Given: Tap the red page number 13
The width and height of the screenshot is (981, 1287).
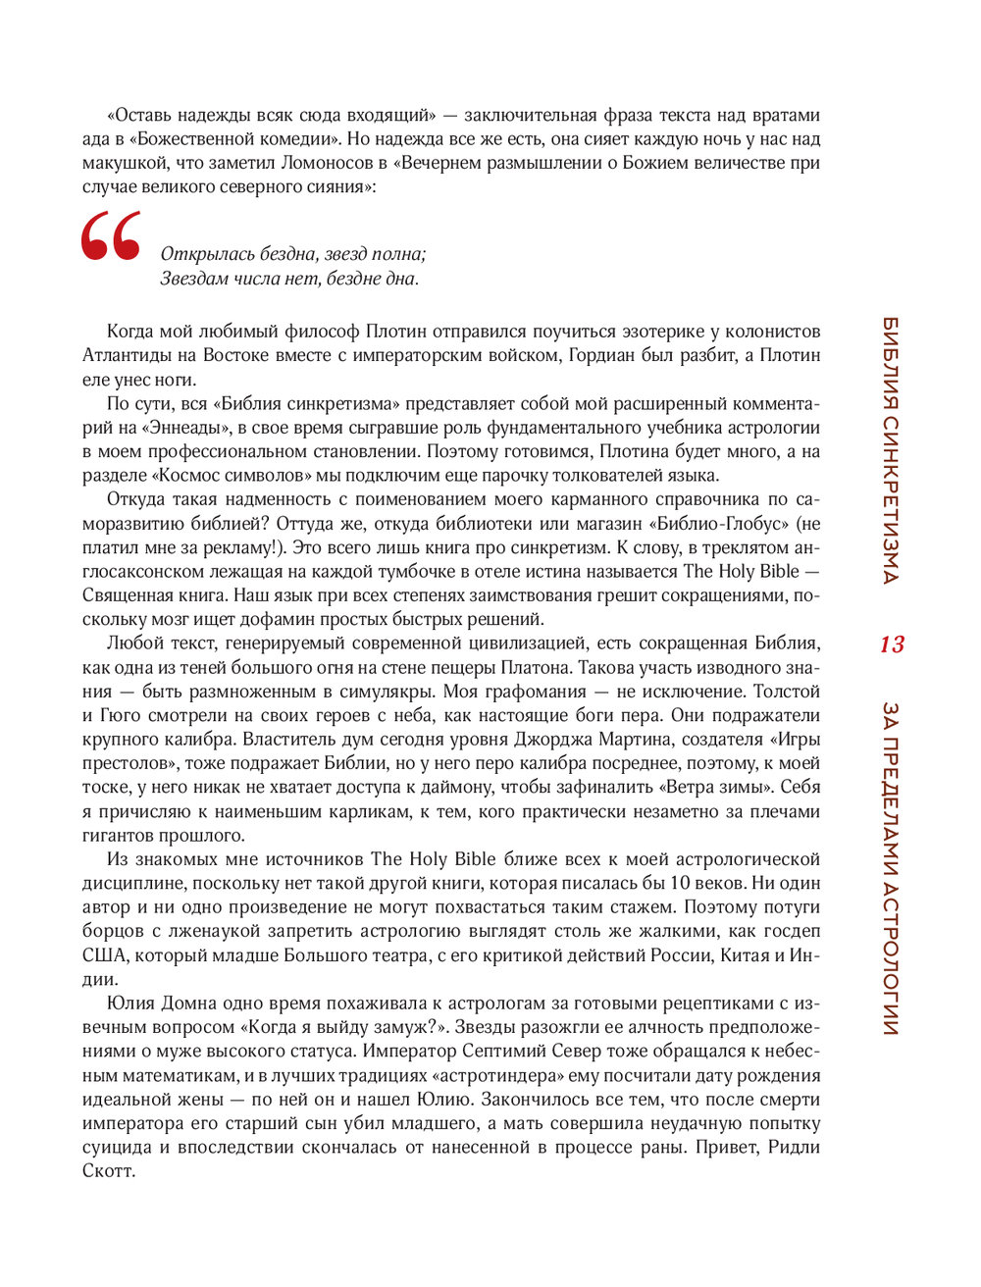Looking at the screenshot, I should click(891, 644).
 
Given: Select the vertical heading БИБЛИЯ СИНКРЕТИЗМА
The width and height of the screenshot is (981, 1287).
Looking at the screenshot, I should click(891, 450).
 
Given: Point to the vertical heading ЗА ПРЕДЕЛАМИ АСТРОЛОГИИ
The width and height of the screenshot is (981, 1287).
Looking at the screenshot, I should click(891, 868).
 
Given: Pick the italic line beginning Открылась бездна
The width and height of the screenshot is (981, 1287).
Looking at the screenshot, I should click(293, 254).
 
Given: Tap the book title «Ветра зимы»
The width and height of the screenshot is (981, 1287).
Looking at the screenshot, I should click(719, 787).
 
